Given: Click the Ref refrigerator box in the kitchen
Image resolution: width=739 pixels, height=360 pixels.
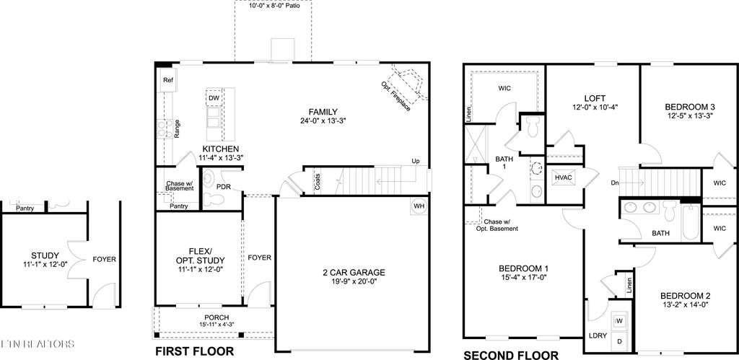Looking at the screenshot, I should pos(167,81).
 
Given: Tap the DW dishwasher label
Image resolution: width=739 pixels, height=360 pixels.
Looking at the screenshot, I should pos(214,99).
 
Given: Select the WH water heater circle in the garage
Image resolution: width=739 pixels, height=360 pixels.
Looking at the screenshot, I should pos(419,206).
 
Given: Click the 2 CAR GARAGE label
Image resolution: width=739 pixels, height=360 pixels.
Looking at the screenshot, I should pos(354,273).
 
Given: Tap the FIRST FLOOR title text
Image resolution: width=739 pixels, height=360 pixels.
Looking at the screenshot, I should pos(195,351).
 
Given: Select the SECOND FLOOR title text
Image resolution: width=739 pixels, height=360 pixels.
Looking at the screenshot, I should pos(510,355).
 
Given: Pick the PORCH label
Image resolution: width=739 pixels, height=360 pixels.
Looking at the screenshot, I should pos(217,317).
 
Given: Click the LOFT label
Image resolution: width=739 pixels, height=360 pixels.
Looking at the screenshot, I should pos(594,98).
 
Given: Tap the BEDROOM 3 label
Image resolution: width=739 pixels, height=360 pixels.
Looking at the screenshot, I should pos(688,107).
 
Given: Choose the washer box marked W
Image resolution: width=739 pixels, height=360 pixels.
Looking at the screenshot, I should pos(618,320).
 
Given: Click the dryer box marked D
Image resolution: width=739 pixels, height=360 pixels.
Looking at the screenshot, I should pos(618,339).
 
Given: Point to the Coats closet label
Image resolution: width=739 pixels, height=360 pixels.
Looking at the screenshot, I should pos(318,182).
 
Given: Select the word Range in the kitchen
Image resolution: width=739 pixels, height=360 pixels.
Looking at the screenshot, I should pos(177,128).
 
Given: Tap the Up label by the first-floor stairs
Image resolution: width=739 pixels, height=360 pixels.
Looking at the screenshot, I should pos(415,161).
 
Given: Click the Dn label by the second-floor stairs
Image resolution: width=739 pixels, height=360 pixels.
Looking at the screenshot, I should pos(614,183).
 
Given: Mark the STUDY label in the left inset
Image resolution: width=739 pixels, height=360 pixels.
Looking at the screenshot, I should pos(45,255).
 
